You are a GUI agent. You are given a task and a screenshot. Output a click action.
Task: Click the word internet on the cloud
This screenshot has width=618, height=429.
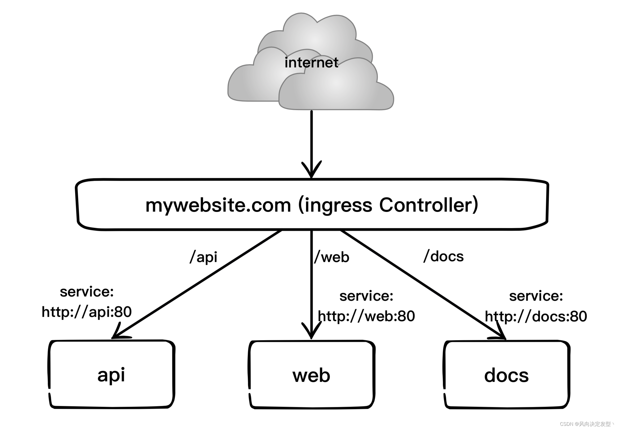coord(311,63)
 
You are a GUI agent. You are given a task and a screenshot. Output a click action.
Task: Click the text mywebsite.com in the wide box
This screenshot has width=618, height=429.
coord(218,205)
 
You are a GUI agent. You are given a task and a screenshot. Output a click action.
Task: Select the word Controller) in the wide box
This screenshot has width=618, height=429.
coord(428,205)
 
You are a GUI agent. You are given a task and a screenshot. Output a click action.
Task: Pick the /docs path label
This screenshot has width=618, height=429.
coord(444,256)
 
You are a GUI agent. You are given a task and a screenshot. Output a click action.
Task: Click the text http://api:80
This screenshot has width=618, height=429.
coord(87,312)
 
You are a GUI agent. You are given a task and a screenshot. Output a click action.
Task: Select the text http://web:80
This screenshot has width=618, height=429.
coord(366,316)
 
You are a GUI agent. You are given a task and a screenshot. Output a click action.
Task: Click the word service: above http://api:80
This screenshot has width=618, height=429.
coord(87,292)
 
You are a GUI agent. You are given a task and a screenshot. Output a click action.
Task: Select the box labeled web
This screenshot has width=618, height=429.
coord(311,375)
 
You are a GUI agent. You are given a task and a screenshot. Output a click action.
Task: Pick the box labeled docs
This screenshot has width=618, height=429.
coord(506,375)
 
